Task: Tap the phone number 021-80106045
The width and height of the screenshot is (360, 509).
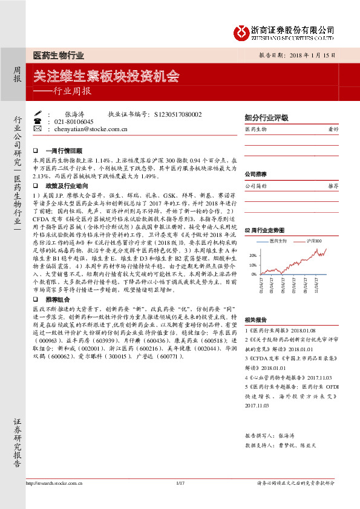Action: point(74,122)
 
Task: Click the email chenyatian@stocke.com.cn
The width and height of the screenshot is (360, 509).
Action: point(91,129)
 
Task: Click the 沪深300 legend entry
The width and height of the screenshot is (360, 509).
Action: point(311,241)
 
